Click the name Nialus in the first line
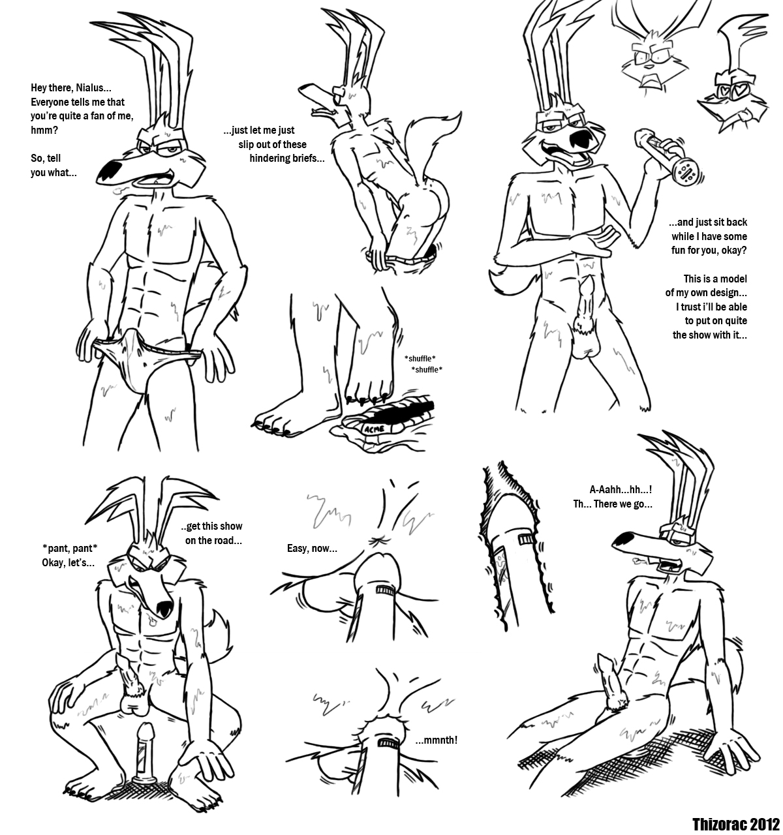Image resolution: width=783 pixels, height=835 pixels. point(93,88)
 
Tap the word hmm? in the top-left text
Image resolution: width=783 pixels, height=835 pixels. point(44,130)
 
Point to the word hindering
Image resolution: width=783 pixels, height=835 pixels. point(271,159)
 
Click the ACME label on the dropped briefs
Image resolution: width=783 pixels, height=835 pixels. point(374,429)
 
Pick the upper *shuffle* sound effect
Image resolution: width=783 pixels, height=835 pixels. point(420,358)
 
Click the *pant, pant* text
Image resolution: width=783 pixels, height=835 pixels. point(70,548)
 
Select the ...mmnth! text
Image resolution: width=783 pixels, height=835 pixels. point(437,740)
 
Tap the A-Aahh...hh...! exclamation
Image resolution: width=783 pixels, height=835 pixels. point(621,489)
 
